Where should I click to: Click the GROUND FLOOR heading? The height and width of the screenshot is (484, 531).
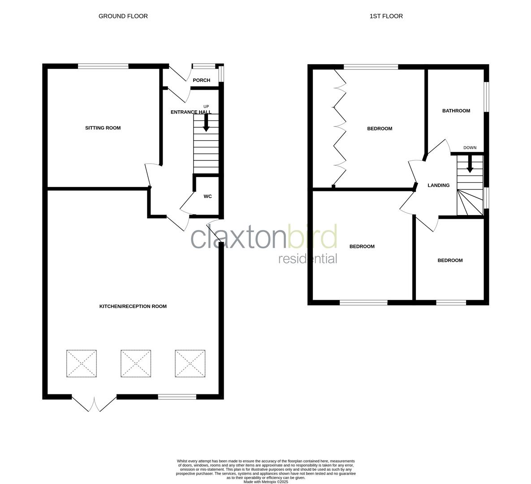123,16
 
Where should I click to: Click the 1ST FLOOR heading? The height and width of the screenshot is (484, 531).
386,16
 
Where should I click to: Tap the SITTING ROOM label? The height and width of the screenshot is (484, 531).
103,128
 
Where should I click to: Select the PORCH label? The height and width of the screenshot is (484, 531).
201,80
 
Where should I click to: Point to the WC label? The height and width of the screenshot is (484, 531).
207,196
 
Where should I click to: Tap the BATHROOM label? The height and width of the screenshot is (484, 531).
456,111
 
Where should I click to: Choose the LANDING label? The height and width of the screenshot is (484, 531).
438,186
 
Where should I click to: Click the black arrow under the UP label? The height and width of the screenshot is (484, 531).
206,123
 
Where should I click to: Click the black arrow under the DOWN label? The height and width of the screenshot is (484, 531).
470,164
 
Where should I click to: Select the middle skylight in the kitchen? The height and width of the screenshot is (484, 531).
135,363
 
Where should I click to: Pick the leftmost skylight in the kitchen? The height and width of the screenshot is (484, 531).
81,363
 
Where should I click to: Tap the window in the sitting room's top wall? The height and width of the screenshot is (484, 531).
103,67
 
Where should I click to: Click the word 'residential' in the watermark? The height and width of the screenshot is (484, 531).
307,259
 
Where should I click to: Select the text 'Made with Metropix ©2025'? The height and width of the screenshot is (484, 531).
266,482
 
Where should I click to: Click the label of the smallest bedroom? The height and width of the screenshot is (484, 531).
450,260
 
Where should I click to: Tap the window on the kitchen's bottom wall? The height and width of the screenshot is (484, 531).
177,397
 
